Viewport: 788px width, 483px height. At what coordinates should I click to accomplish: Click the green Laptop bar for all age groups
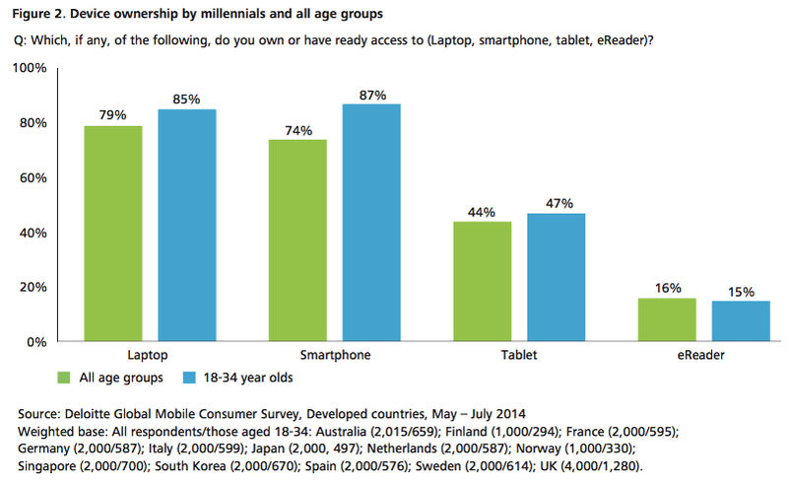click(113, 233)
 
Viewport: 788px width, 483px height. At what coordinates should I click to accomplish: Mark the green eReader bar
click(667, 319)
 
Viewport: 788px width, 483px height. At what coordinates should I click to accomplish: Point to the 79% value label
click(113, 114)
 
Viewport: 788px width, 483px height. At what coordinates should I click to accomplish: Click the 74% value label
click(297, 129)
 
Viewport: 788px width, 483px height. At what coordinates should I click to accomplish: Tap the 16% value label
click(667, 288)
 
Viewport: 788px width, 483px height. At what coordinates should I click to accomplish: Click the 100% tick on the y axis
click(31, 68)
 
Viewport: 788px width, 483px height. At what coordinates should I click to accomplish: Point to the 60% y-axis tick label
click(33, 177)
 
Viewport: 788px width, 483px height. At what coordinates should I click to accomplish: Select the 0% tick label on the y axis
click(37, 342)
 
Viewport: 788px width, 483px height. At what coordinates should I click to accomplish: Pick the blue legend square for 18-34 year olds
click(190, 376)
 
